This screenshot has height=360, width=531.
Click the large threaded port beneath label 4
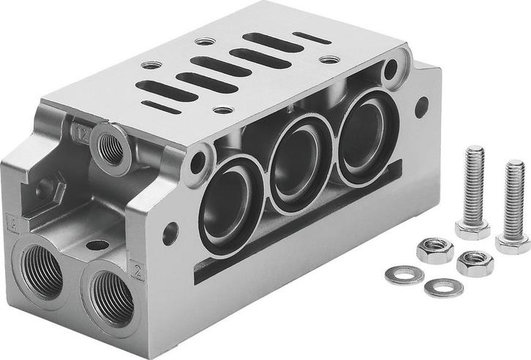coord(43,272)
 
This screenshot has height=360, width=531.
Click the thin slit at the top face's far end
coord(307,34)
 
